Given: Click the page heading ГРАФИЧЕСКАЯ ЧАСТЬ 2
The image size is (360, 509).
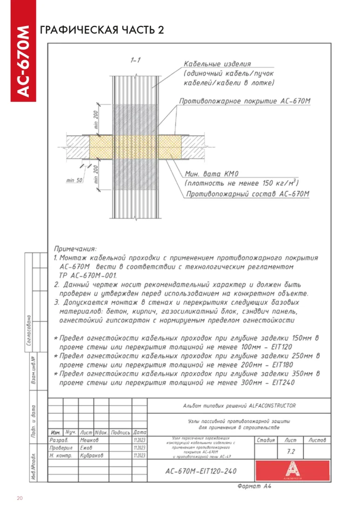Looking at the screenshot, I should coord(102,30).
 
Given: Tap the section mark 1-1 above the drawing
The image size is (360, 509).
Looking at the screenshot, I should coord(136,60).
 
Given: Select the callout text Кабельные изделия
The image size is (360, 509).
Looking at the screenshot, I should coord(217,64).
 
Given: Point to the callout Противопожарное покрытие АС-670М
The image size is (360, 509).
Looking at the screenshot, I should coord(245,101).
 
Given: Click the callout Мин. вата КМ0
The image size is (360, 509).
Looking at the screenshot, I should coord(212,174).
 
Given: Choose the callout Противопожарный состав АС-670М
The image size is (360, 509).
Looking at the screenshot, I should coord(247,194).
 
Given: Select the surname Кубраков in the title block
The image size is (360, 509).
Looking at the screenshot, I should coord(92,456).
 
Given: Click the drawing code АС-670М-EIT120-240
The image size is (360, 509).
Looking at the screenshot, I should coord(201,471).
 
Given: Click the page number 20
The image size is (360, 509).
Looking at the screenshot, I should coord(20,498).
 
